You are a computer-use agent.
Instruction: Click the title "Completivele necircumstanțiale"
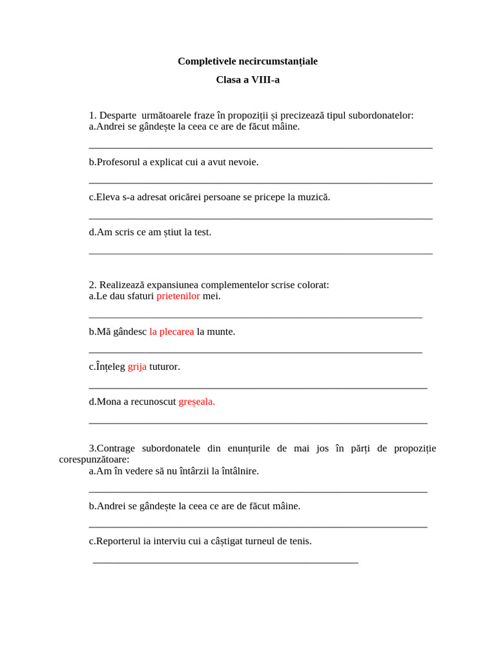[x=247, y=61]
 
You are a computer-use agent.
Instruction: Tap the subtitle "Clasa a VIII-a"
[x=247, y=80]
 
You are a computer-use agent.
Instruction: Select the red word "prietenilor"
[x=178, y=296]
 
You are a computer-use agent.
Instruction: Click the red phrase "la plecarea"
[x=172, y=332]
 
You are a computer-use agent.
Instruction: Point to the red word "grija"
[x=137, y=367]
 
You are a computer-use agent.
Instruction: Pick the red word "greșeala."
[x=196, y=402]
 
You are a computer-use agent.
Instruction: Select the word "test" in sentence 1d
[x=202, y=232]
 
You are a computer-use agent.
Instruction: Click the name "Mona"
[x=108, y=402]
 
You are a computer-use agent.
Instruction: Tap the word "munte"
[x=220, y=332]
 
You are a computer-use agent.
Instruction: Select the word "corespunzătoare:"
[x=94, y=460]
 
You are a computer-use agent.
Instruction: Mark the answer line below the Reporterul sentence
[x=225, y=563]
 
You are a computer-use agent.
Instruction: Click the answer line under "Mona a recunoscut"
[x=258, y=423]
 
